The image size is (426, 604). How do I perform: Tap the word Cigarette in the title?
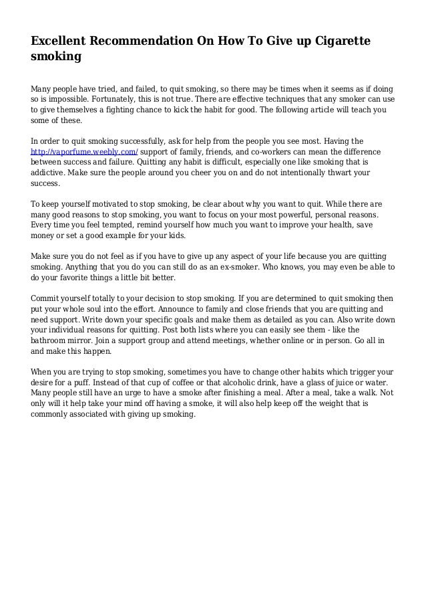point(334,42)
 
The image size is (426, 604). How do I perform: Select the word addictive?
point(51,173)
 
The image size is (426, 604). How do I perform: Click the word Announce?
point(182,310)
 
